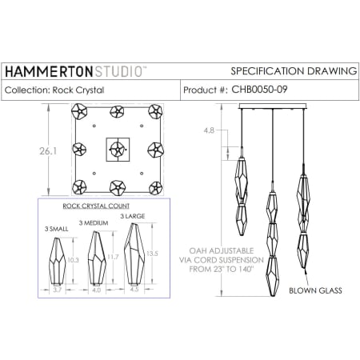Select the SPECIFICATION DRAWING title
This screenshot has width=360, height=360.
coord(293,71)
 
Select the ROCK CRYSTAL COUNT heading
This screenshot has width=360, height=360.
coord(95,206)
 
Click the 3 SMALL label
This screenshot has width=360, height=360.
coord(56,228)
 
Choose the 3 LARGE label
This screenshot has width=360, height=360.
coord(132,216)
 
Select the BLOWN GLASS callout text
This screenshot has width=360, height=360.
coord(315,291)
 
